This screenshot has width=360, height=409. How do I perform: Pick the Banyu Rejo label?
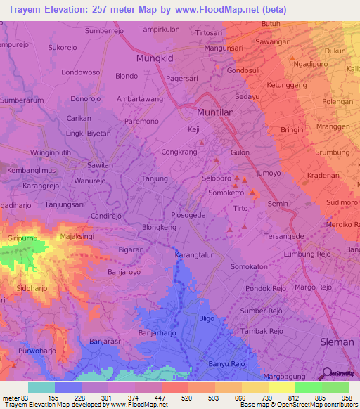[226, 363]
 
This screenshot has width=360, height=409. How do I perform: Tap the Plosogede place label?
[188, 215]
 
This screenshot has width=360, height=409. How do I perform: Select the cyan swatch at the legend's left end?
[41, 387]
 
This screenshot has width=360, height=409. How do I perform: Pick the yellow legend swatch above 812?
[281, 387]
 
